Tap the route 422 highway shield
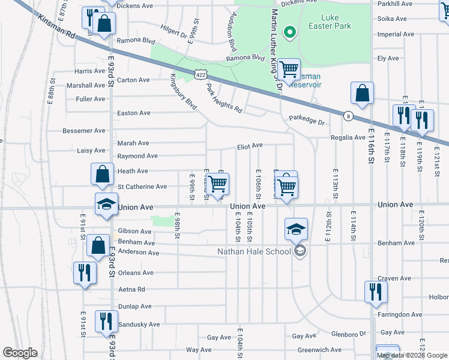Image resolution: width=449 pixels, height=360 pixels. [200, 73]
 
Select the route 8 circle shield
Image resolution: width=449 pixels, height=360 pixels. [348, 116]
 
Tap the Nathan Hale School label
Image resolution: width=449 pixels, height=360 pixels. [255, 251]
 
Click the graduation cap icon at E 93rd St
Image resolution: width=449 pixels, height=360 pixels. [106, 204]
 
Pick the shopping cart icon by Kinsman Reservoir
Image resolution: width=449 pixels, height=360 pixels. [289, 70]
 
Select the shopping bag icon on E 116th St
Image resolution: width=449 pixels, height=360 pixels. [363, 94]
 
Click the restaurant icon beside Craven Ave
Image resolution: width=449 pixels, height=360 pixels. [375, 292]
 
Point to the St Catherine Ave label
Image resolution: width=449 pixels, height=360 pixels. [142, 187]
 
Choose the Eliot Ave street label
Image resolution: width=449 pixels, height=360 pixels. [250, 146]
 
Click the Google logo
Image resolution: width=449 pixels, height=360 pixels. [20, 353]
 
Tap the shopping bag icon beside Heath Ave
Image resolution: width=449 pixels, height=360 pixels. [102, 174]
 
